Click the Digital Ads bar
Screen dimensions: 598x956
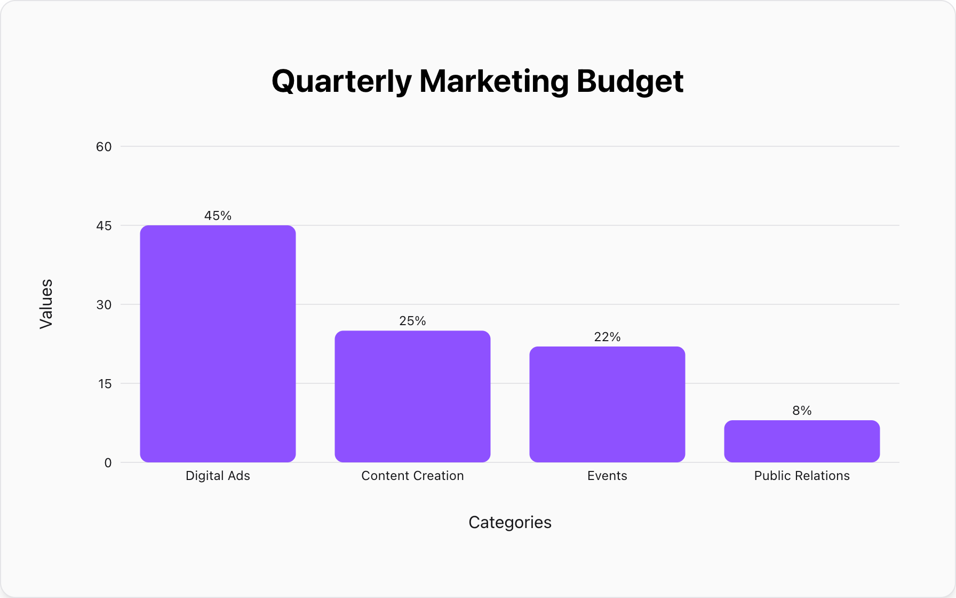pos(218,343)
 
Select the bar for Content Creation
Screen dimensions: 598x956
pos(412,396)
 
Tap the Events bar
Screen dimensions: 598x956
pos(607,404)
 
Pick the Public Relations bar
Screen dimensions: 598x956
pos(802,441)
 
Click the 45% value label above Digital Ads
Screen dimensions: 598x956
pos(218,216)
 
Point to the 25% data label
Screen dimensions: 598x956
pos(412,321)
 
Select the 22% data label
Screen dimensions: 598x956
pos(607,337)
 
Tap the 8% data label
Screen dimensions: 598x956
pos(802,411)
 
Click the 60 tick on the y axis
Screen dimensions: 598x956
pos(104,147)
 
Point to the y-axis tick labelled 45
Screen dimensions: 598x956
pos(104,226)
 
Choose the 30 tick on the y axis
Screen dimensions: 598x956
pos(104,305)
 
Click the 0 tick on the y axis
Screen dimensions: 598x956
pos(108,463)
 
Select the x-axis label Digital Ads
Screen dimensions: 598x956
pos(218,476)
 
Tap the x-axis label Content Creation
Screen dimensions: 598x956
pos(412,476)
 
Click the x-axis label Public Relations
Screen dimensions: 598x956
pos(802,476)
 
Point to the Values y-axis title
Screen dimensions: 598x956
pos(46,304)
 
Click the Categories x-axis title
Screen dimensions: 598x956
pos(509,522)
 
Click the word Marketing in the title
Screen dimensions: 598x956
pos(494,81)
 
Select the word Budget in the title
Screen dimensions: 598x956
pos(630,81)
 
